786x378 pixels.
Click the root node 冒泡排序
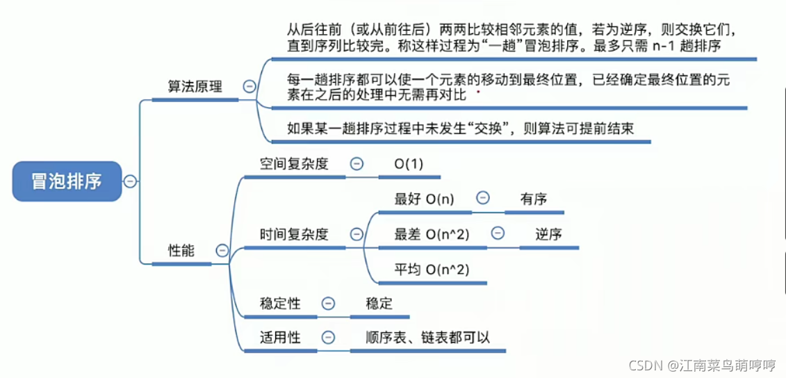(x=67, y=181)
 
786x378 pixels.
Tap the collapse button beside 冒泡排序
(x=130, y=181)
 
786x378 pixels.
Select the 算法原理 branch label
(x=195, y=87)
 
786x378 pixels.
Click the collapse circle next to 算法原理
(x=249, y=87)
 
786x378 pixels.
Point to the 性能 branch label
(x=181, y=251)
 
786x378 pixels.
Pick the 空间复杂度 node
(x=294, y=164)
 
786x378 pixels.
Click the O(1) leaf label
(x=409, y=164)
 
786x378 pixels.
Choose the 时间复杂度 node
(x=294, y=234)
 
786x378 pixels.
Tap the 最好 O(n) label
(x=424, y=199)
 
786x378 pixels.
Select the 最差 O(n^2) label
(x=432, y=234)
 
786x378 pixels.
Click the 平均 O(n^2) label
(x=432, y=270)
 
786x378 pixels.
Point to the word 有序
(x=534, y=199)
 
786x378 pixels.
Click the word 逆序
(x=548, y=234)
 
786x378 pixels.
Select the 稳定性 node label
(x=280, y=304)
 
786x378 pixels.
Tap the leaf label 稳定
(x=379, y=304)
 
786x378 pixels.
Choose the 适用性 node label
(x=280, y=338)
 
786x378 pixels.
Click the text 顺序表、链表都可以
(x=428, y=338)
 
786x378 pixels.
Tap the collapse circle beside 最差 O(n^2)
(x=498, y=233)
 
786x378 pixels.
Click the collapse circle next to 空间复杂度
(x=357, y=164)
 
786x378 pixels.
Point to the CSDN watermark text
(x=703, y=365)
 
